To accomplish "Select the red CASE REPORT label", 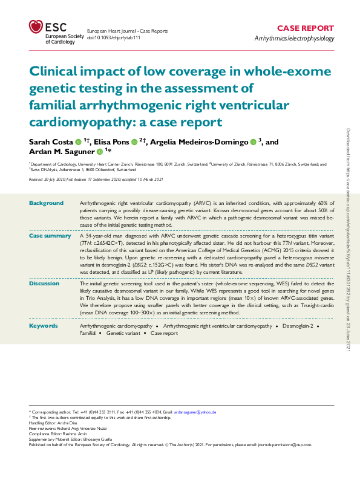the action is pyautogui.click(x=305, y=28).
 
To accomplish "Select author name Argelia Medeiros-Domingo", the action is pyautogui.click(x=202, y=141).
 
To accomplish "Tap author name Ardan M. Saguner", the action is pyautogui.click(x=62, y=152).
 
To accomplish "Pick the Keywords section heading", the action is pyautogui.click(x=43, y=326).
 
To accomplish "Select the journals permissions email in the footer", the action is pyautogui.click(x=287, y=444).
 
